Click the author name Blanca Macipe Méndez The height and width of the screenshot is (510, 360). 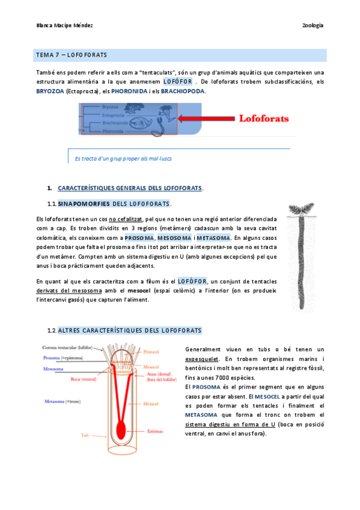tap(64, 25)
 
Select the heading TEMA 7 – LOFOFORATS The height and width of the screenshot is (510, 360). tap(72, 55)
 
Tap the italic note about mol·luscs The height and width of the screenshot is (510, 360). tap(123, 158)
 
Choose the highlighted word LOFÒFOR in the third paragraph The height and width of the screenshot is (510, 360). tap(193, 281)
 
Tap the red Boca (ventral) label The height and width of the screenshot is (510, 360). tap(84, 379)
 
